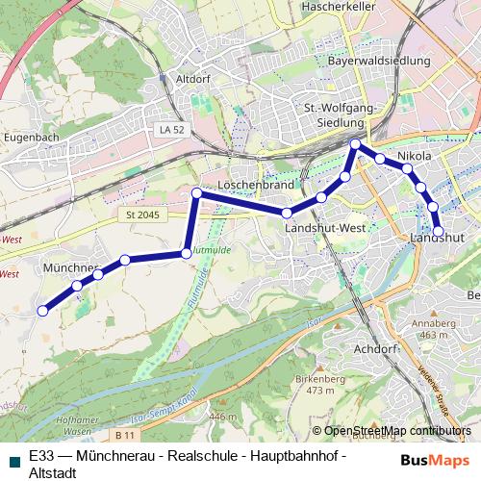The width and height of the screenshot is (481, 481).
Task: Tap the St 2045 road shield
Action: pos(141,215)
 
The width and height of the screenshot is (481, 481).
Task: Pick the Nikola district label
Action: pos(415,156)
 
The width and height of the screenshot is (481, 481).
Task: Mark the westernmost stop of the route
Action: pos(42,311)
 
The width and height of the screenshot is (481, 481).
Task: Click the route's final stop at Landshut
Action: pos(439,232)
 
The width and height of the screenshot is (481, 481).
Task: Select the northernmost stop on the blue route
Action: pos(356,144)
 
